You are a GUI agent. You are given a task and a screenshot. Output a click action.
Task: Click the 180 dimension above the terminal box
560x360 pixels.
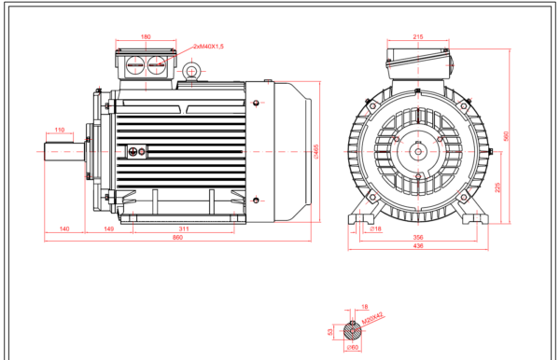(146, 37)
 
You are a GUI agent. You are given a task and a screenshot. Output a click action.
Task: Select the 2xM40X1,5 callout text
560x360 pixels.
(208, 46)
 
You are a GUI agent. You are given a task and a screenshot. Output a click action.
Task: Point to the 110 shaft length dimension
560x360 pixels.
(60, 131)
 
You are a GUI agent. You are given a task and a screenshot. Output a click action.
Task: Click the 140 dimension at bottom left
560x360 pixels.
(64, 228)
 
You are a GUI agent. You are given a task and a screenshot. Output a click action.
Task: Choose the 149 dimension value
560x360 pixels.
(108, 228)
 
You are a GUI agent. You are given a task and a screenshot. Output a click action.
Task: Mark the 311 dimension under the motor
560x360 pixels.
(183, 228)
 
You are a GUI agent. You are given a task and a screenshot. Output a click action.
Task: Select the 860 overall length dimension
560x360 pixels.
(177, 239)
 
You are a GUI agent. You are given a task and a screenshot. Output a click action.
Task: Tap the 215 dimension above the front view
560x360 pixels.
(418, 37)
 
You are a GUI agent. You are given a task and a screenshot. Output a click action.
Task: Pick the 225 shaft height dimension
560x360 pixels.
(497, 186)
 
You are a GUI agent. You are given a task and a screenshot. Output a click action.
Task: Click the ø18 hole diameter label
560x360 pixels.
(374, 228)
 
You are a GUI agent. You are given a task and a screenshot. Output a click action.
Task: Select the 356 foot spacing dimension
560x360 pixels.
(417, 238)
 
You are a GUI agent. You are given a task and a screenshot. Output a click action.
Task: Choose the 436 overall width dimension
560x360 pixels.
(417, 246)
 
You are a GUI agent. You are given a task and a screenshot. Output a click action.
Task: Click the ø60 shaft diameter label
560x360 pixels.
(354, 348)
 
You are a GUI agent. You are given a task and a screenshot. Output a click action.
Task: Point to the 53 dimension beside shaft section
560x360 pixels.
(331, 330)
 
